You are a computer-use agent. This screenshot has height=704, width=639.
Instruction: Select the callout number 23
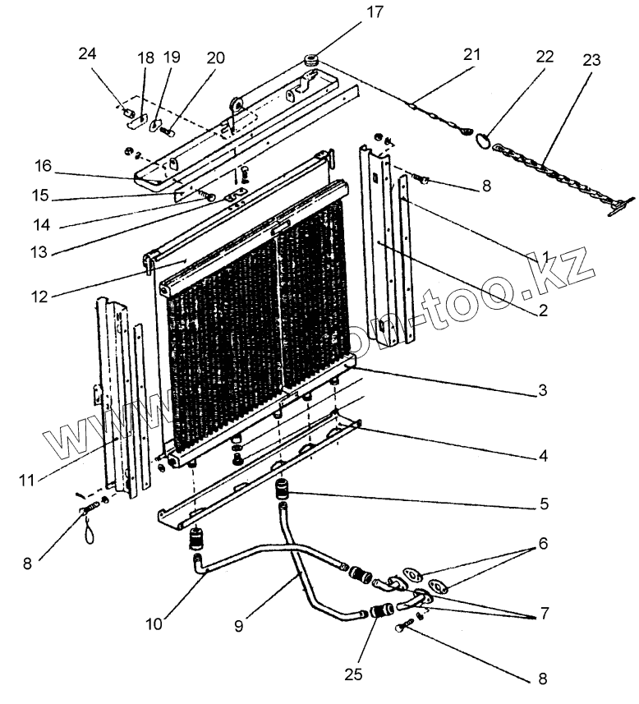pos(591,60)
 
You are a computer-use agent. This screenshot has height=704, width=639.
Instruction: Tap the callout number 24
pos(87,54)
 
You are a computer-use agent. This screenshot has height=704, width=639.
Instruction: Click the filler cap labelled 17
pos(313,60)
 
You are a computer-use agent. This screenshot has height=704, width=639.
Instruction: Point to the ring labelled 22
pos(485,142)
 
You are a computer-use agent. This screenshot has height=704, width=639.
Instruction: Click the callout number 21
pos(470,54)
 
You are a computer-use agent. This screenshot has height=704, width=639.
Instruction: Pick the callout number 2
pos(543,311)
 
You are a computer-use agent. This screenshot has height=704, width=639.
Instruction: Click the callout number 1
pos(543,257)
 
